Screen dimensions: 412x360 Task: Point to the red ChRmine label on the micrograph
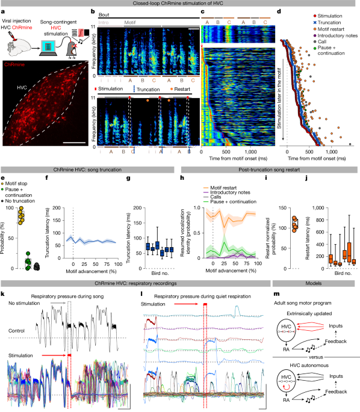point(15,63)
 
